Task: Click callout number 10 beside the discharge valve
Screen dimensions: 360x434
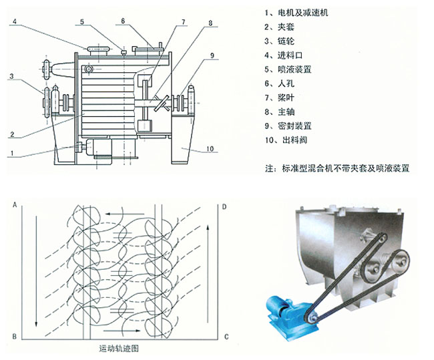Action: (210, 150)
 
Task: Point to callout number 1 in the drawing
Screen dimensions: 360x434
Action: (12, 153)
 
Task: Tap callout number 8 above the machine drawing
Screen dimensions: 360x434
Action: (210, 23)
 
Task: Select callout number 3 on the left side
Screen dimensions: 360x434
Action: (12, 77)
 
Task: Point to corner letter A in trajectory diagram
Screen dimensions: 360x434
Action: (13, 208)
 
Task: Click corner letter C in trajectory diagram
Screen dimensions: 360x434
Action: (226, 335)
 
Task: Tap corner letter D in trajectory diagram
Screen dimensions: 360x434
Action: (224, 208)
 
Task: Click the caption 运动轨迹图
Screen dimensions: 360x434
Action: (118, 349)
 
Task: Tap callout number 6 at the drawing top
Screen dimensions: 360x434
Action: (123, 21)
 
